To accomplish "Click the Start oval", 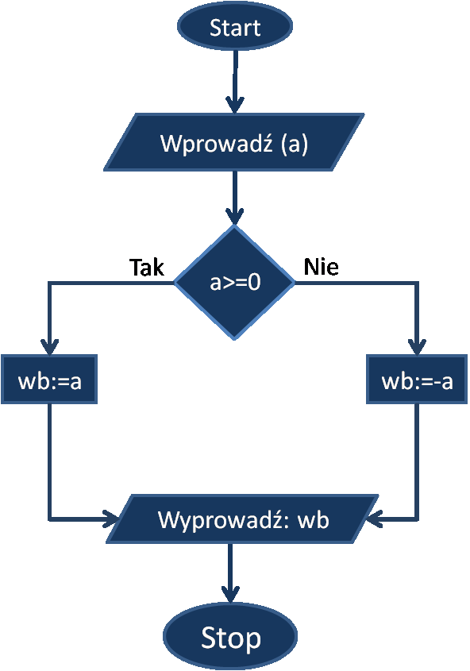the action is (235, 26).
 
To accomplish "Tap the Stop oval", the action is (230, 637).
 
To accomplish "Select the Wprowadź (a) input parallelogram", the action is (234, 142).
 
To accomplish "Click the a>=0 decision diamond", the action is (234, 282).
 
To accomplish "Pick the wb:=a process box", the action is (49, 379).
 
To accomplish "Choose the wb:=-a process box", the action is (417, 379).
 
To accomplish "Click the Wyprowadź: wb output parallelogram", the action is (242, 519).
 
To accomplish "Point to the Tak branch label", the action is (147, 268).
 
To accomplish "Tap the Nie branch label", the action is (322, 267).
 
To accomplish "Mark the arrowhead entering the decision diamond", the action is (234, 217).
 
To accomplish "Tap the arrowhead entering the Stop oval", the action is (230, 595).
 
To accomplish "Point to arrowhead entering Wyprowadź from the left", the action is (112, 519).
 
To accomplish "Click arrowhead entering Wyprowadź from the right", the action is (374, 519).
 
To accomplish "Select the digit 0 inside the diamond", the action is (254, 283).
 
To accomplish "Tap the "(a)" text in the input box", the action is (295, 144).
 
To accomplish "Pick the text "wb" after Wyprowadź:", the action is (314, 520).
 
